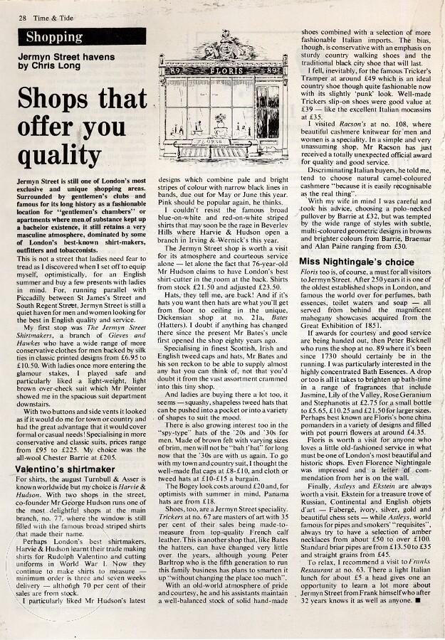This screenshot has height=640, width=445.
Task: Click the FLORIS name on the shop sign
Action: click(x=221, y=71)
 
